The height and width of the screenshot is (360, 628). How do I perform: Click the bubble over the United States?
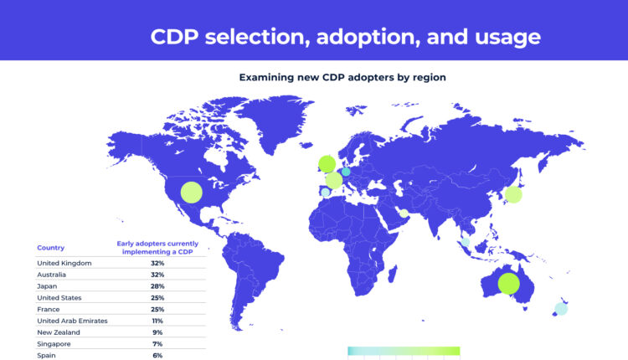tap(191, 192)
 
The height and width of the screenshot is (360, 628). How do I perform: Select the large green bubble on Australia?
tap(507, 284)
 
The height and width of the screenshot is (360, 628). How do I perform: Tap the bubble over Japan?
tap(513, 195)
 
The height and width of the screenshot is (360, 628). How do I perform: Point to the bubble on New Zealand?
tap(560, 308)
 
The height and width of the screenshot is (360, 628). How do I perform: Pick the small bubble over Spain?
tap(325, 193)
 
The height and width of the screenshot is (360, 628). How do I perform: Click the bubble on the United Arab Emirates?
tap(404, 213)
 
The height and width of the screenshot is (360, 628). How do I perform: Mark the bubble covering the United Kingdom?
tap(327, 163)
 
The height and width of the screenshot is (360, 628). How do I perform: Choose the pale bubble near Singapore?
tap(466, 244)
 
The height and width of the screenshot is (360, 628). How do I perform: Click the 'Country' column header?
tap(50, 248)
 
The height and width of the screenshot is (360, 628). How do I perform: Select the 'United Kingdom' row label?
tap(64, 263)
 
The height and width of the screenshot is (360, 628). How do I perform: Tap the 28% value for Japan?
tap(157, 286)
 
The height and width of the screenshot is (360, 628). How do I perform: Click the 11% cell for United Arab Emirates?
tap(157, 321)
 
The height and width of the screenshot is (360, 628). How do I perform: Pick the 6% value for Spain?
tap(157, 356)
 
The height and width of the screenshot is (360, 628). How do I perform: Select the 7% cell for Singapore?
tap(157, 344)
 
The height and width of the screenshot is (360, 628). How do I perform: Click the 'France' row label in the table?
tap(49, 309)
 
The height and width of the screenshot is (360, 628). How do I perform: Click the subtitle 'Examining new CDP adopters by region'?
tap(342, 77)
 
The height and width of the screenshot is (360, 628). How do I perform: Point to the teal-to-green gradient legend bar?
tap(403, 351)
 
